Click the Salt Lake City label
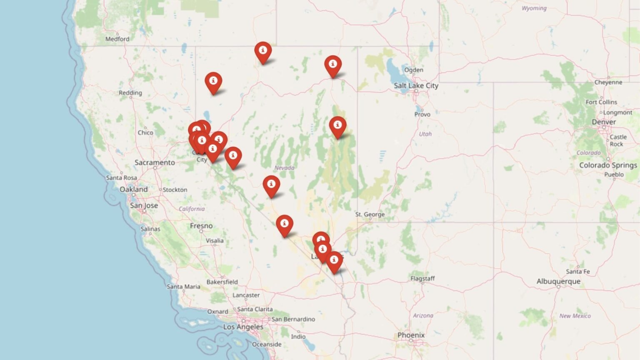[416, 85]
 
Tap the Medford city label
[117, 39]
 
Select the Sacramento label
[155, 162]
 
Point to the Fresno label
[201, 226]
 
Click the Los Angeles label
[243, 327]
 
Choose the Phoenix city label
[411, 335]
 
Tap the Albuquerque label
[558, 282]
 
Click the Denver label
[604, 122]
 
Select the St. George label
[370, 214]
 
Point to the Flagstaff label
[422, 278]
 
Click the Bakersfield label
[222, 282]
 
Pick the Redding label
[130, 92]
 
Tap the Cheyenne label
[608, 82]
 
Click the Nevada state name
[284, 167]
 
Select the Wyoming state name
[534, 8]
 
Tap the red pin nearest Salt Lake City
[333, 65]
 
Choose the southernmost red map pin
[334, 261]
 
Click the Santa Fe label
[578, 271]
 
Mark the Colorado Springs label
[608, 165]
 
